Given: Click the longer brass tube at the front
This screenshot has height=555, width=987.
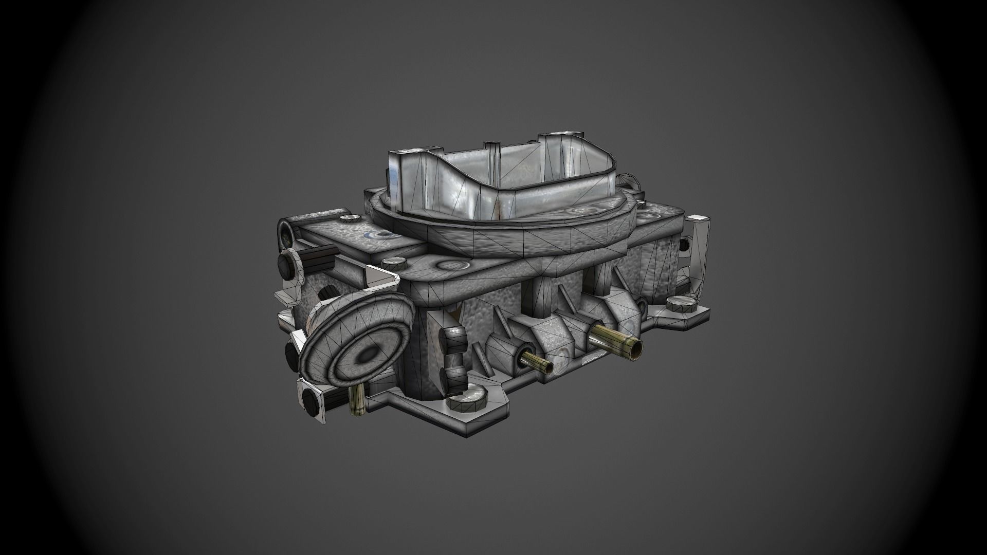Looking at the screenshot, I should coord(617,342).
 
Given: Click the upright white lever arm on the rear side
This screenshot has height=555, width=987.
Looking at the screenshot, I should coord(698,257).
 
